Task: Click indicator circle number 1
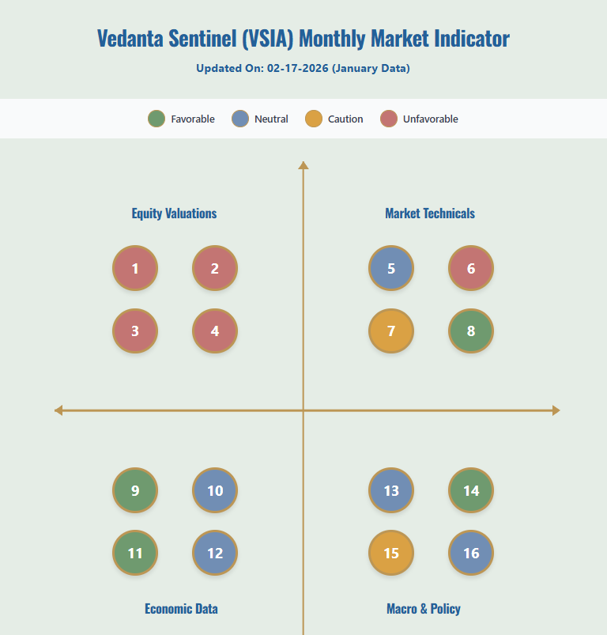135,268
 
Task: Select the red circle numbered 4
215,331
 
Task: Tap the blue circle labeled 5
391,268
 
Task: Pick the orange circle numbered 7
391,331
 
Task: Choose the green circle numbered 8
471,331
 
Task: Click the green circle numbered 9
135,490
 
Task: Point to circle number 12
215,553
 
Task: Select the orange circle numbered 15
391,553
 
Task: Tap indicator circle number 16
471,553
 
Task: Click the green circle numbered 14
471,490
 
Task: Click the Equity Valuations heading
174,214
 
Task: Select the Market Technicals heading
430,214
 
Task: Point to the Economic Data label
181,609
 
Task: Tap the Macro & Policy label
424,609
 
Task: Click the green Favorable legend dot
156,119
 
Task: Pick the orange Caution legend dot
314,119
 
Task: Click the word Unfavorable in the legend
430,119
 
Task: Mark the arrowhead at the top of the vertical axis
303,165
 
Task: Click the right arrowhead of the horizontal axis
556,410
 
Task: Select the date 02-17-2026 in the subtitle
297,68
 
